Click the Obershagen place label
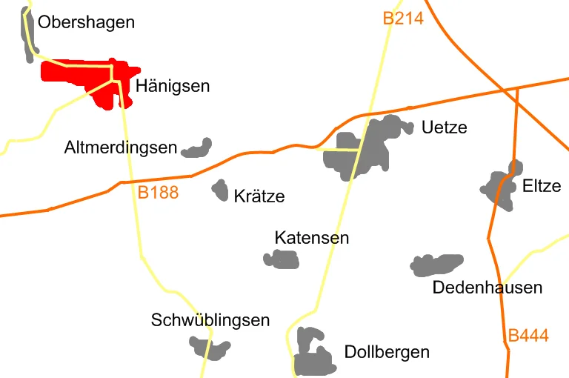(86, 22)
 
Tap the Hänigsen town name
(173, 87)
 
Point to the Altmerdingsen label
(121, 147)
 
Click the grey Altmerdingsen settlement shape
(198, 149)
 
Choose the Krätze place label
(259, 196)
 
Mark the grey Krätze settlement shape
(220, 190)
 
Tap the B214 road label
(403, 19)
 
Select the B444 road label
(528, 336)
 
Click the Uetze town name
(444, 127)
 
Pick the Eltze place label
(542, 186)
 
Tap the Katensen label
(311, 238)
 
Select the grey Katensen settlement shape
(282, 259)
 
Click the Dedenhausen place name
(488, 288)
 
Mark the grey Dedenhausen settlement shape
(437, 265)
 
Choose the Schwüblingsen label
(210, 320)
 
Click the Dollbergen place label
(387, 351)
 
